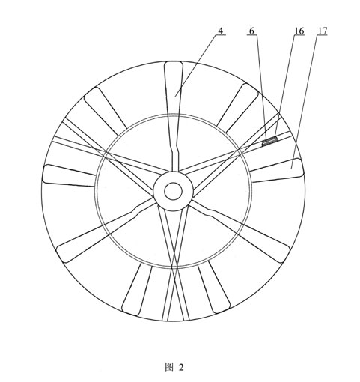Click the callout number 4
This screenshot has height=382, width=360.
[x=221, y=31]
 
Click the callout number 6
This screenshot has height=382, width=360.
[x=251, y=31]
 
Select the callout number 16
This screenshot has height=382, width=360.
[x=299, y=31]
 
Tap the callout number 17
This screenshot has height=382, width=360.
[x=322, y=31]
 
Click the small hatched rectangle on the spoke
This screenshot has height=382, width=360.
[x=270, y=142]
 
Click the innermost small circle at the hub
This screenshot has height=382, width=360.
[x=173, y=191]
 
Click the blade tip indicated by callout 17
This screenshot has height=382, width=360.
[x=276, y=170]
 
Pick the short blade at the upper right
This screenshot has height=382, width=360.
[x=237, y=107]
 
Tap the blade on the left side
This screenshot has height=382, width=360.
[x=69, y=175]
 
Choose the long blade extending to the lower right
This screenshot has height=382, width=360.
[x=240, y=230]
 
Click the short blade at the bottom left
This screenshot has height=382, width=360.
[x=137, y=289]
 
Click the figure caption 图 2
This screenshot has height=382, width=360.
[x=174, y=367]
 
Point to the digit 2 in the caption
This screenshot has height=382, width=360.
[x=181, y=367]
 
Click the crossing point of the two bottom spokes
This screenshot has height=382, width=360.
[x=174, y=268]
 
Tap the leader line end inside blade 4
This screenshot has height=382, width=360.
[x=175, y=96]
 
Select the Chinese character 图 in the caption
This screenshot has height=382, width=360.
[x=169, y=367]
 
